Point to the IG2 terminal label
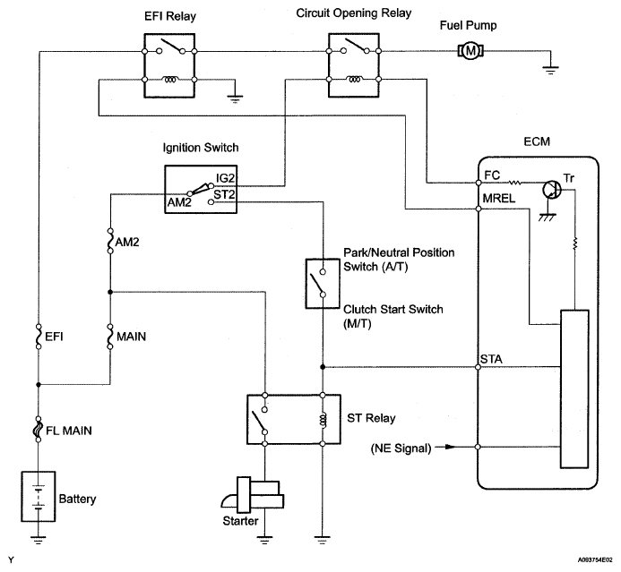coord(224,178)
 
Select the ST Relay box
coord(292,418)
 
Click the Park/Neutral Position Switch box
coord(320,284)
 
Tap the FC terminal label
coord(491,175)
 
